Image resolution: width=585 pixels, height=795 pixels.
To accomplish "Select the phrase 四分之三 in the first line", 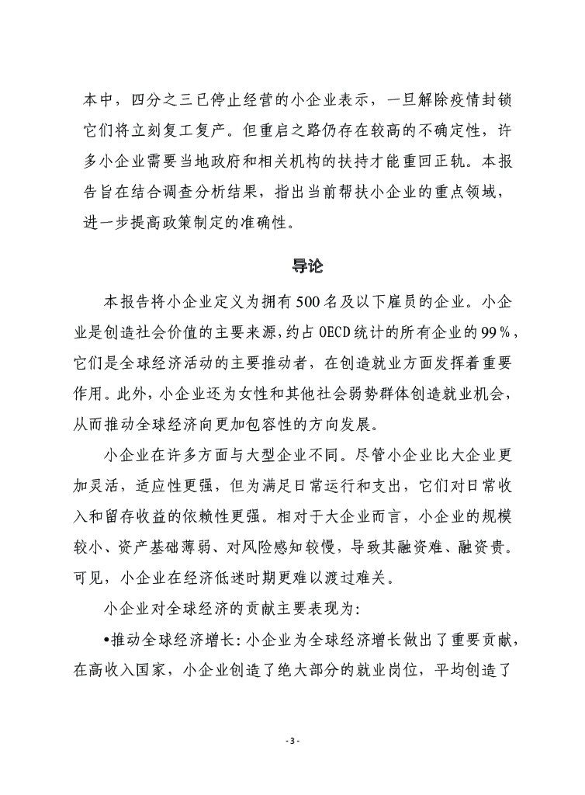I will pos(160,102).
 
